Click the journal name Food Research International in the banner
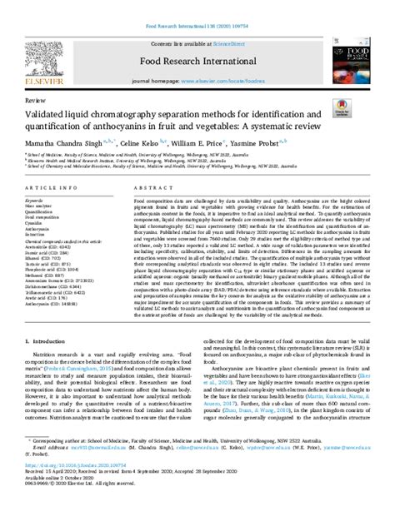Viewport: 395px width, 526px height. [197, 62]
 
